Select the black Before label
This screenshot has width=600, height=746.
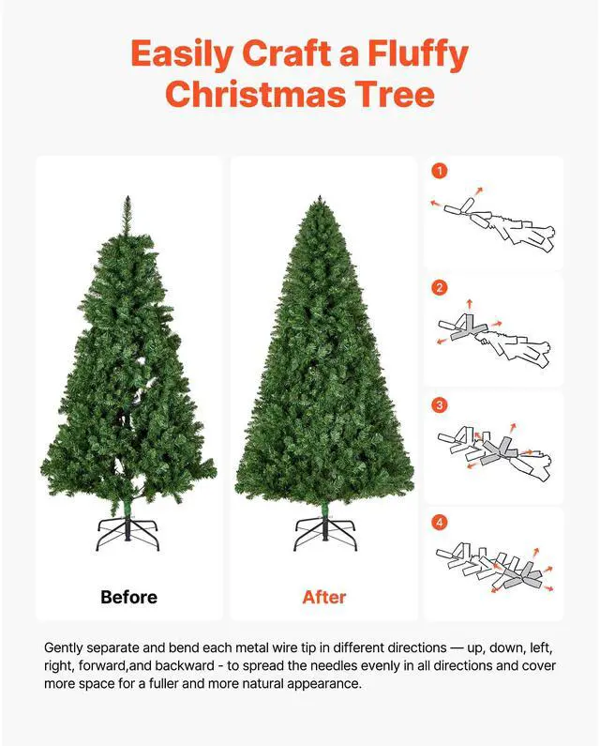click(x=129, y=597)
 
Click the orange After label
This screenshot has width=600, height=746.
click(x=324, y=597)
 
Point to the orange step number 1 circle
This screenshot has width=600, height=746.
click(x=439, y=171)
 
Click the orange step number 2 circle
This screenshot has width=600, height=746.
click(x=439, y=288)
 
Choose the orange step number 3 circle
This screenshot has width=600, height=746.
click(x=439, y=405)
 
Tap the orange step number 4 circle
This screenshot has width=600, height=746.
click(x=439, y=522)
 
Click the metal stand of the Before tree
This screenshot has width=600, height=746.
click(x=129, y=535)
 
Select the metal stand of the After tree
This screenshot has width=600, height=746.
click(x=324, y=535)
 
